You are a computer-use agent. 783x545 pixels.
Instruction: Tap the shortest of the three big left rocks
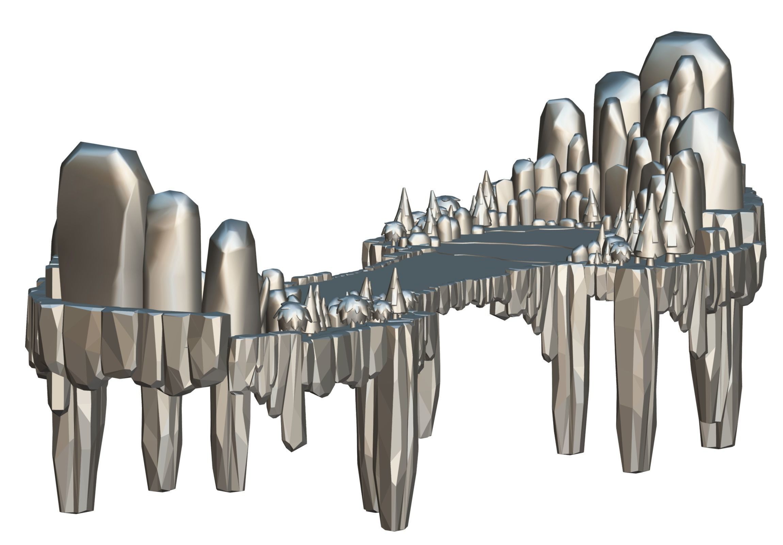coord(232,273)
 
